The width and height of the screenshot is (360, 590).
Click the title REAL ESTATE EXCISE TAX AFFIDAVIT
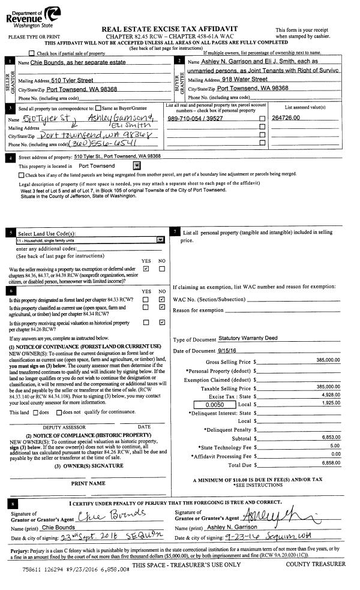coord(170,29)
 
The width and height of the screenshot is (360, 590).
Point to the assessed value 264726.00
coord(286,118)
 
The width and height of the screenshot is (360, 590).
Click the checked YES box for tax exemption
coord(146,269)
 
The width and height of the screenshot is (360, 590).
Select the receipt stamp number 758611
coord(34,568)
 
